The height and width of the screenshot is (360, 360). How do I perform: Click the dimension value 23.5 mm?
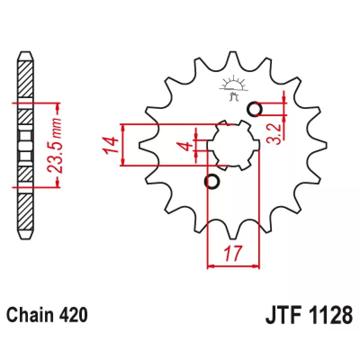pos(54,146)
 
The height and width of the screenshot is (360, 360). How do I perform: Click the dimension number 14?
pos(110,145)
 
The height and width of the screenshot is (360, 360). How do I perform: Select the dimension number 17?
pos(233,253)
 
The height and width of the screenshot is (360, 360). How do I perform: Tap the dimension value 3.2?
pos(274,134)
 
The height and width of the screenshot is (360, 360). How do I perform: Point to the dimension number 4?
pos(184,146)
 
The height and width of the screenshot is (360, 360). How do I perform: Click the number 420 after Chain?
pos(73,315)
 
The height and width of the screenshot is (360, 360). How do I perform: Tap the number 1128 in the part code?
pos(331,315)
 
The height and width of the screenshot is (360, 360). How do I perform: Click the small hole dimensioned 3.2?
pos(254,109)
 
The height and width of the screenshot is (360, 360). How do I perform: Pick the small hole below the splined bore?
pos(212,181)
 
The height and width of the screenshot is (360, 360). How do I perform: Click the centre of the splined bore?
pos(233,145)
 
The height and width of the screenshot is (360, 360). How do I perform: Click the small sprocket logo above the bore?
pos(234,88)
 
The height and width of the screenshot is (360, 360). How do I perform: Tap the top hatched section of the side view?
pos(25,80)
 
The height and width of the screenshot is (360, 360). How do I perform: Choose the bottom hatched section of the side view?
pos(25,211)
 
